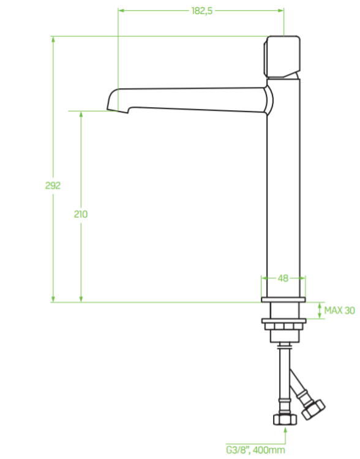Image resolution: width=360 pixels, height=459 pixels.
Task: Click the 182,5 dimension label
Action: [x=202, y=11]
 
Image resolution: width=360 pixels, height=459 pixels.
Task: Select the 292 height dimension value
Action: [x=53, y=185]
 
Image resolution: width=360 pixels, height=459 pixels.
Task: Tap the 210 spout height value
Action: [x=81, y=214]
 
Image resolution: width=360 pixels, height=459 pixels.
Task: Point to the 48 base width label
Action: [x=283, y=278]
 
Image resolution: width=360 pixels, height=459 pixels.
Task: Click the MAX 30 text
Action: [x=339, y=310]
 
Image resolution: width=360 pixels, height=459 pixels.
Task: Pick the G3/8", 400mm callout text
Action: [x=255, y=449]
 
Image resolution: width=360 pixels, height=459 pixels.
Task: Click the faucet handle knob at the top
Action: [x=282, y=57]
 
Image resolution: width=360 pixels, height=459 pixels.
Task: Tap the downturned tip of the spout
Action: [x=118, y=110]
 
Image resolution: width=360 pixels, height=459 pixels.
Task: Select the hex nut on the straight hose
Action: [x=285, y=419]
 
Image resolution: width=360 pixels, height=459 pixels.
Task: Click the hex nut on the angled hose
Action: [x=313, y=409]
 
